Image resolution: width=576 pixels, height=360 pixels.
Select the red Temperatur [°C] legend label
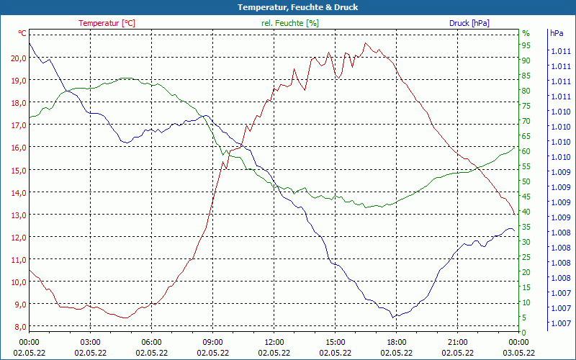pos(107,23)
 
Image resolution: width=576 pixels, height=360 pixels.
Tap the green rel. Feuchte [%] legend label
pos(289,23)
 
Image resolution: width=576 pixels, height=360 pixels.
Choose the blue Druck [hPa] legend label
pos(469,23)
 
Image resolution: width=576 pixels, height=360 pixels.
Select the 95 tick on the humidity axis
pos(526,45)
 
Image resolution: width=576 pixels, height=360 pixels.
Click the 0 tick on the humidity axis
pos(524,332)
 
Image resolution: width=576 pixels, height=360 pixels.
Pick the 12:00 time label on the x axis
pos(274,342)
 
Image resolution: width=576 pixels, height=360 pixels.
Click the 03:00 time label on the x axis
pos(90,342)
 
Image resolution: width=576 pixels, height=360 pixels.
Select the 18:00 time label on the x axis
pos(396,342)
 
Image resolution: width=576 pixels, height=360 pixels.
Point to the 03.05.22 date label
pos(519,353)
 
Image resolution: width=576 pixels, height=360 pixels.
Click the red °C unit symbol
pos(22,33)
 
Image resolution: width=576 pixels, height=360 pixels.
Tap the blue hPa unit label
pos(557,33)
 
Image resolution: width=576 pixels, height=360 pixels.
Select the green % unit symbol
pos(526,33)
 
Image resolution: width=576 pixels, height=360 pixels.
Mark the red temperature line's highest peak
pos(366,42)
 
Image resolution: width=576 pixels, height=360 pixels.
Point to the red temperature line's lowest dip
pos(125,318)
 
